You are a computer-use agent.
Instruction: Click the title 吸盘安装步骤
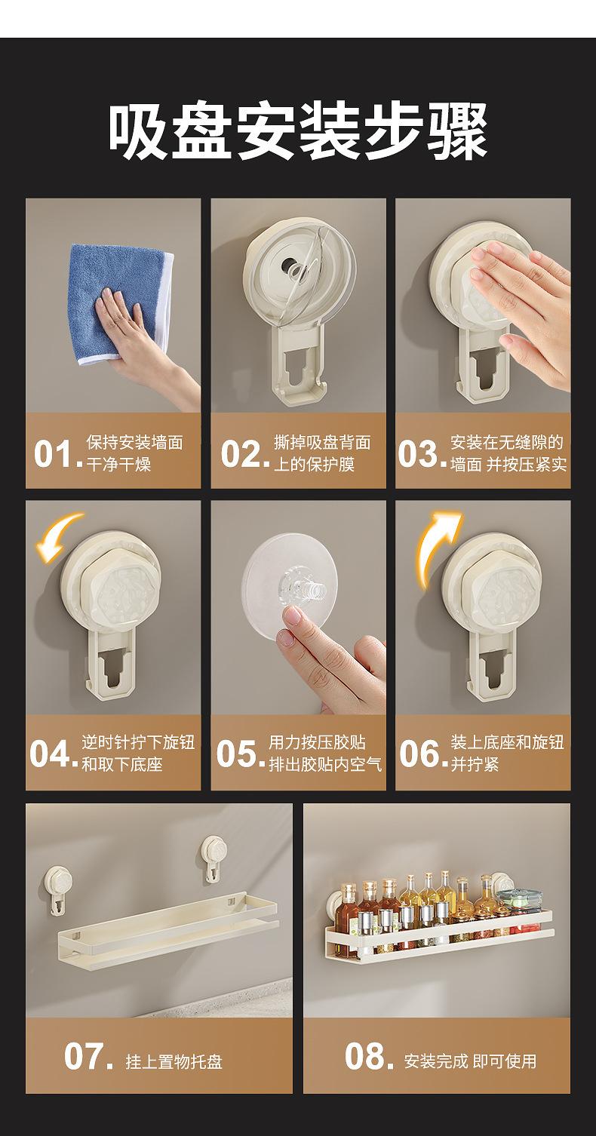[x=298, y=131]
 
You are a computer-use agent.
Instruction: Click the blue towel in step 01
[x=120, y=302]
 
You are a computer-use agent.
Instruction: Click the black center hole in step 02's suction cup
[x=290, y=266]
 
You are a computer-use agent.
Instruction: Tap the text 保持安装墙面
[x=135, y=442]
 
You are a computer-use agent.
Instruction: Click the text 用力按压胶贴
[x=317, y=742]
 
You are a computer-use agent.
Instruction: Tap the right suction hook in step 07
[x=214, y=859]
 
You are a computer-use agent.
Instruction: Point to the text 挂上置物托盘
[x=174, y=1061]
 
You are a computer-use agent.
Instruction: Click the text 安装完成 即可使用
[x=470, y=1061]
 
